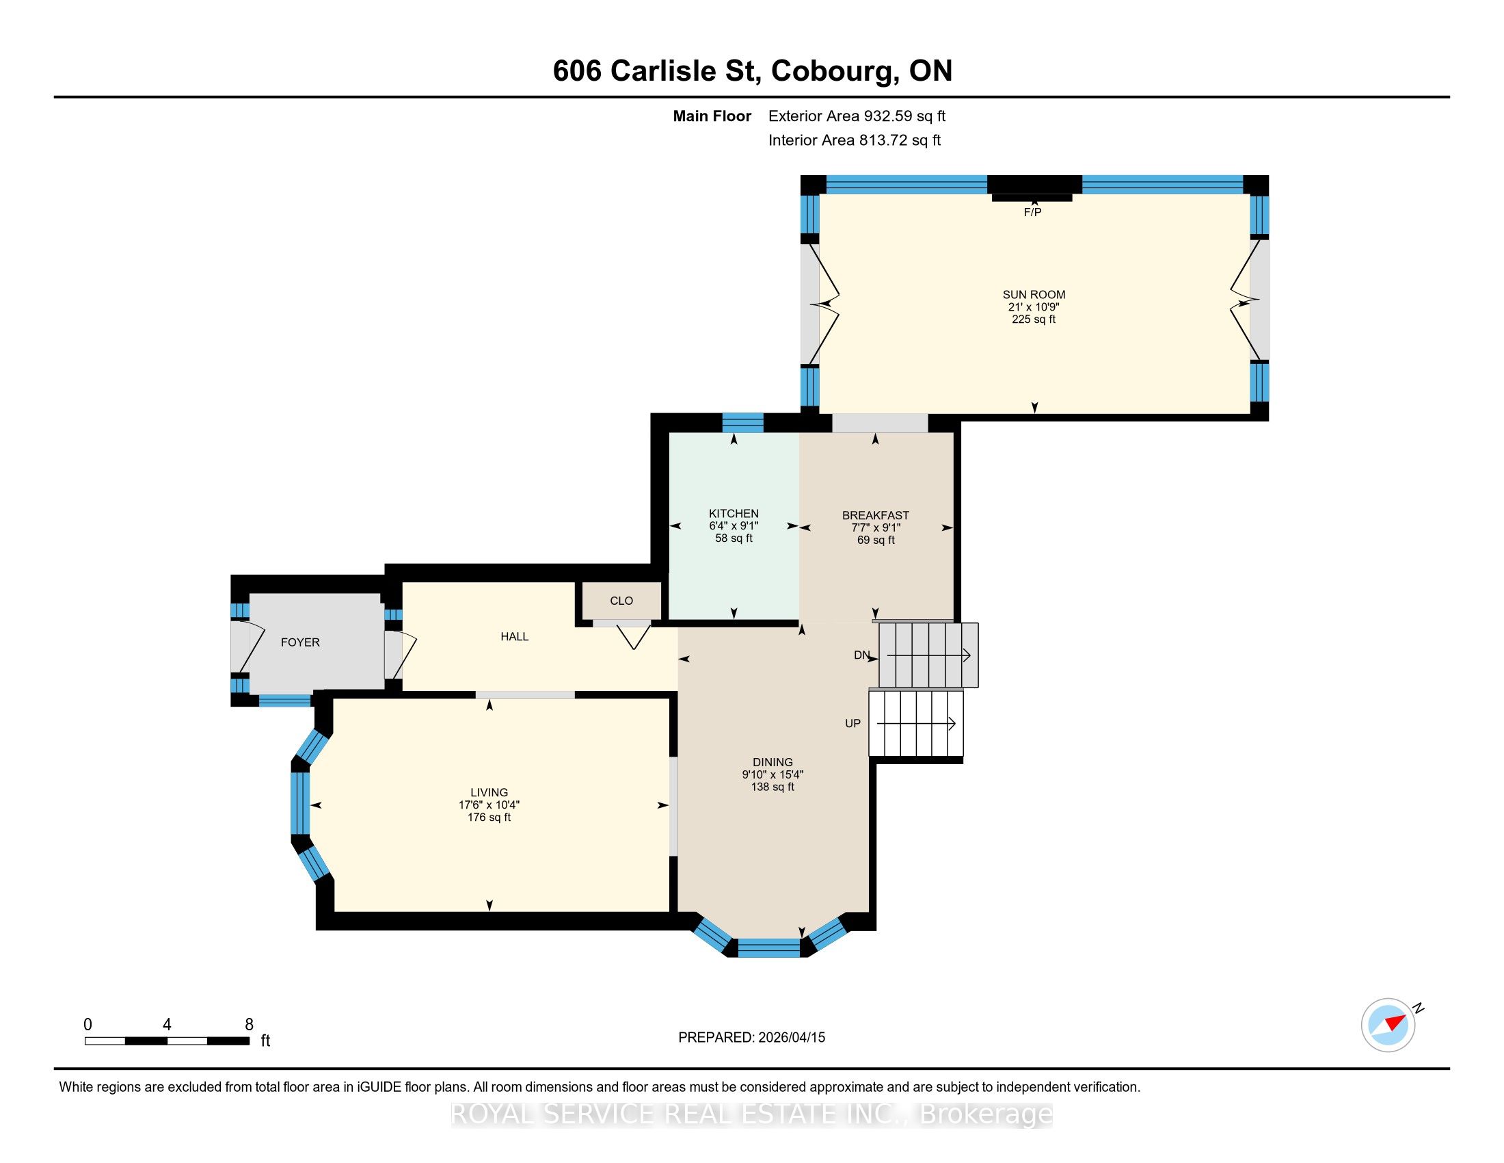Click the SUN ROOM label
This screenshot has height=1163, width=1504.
1034,294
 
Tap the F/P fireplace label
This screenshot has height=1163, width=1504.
1032,212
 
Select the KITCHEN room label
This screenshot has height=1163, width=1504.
734,513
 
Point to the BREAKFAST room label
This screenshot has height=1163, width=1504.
875,515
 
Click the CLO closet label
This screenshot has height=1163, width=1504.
621,601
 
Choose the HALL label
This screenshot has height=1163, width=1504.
514,637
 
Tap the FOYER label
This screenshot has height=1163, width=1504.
300,642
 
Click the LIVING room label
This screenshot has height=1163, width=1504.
489,792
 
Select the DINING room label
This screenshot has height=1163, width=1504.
773,762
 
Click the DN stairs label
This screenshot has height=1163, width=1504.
861,655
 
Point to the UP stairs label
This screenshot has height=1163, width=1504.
852,723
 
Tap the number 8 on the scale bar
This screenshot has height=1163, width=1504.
249,1025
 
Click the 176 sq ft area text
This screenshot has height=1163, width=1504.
489,817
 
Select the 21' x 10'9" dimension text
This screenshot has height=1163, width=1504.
1034,306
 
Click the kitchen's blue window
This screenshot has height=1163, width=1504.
742,422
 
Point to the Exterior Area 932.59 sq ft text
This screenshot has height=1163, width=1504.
857,116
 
